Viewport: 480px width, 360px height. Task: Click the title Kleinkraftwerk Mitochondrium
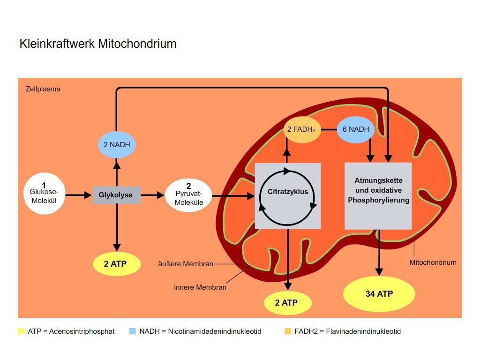pyautogui.click(x=98, y=44)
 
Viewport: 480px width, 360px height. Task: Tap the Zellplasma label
pyautogui.click(x=43, y=89)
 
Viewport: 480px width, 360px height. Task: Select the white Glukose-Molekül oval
pyautogui.click(x=45, y=194)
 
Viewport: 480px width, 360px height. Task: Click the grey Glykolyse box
pyautogui.click(x=117, y=195)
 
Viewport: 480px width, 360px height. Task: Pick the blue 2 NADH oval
pyautogui.click(x=117, y=145)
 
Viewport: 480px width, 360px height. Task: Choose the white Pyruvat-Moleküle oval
pyautogui.click(x=188, y=195)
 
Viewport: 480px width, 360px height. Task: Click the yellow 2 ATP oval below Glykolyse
pyautogui.click(x=117, y=264)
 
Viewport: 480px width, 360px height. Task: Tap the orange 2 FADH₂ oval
pyautogui.click(x=302, y=129)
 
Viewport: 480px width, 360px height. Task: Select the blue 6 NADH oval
pyautogui.click(x=356, y=129)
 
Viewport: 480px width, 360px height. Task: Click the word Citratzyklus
pyautogui.click(x=288, y=192)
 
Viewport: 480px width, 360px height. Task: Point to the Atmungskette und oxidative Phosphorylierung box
pyautogui.click(x=378, y=196)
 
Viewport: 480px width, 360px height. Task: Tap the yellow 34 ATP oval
pyautogui.click(x=379, y=294)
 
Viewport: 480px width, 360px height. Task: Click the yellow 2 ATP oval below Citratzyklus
pyautogui.click(x=288, y=303)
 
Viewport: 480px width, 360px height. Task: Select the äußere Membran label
pyautogui.click(x=186, y=264)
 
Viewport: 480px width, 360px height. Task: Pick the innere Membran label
pyautogui.click(x=200, y=287)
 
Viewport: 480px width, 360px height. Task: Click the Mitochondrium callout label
pyautogui.click(x=433, y=262)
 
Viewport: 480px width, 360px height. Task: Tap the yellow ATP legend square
pyautogui.click(x=21, y=331)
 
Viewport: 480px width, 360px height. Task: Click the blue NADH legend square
pyautogui.click(x=133, y=331)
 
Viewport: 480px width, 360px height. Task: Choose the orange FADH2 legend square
pyautogui.click(x=288, y=331)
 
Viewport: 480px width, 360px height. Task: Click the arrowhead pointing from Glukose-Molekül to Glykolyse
pyautogui.click(x=88, y=195)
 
